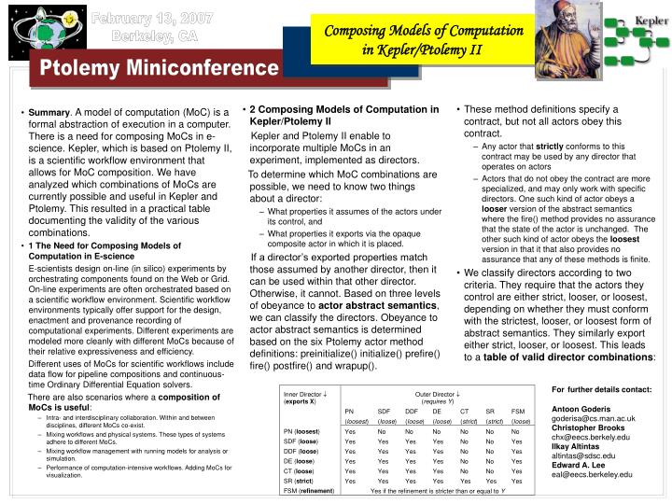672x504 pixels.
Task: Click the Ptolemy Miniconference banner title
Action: (158, 68)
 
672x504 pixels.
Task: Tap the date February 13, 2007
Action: (162, 20)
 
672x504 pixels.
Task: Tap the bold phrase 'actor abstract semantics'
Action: (371, 306)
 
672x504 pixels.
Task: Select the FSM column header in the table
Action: (518, 412)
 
